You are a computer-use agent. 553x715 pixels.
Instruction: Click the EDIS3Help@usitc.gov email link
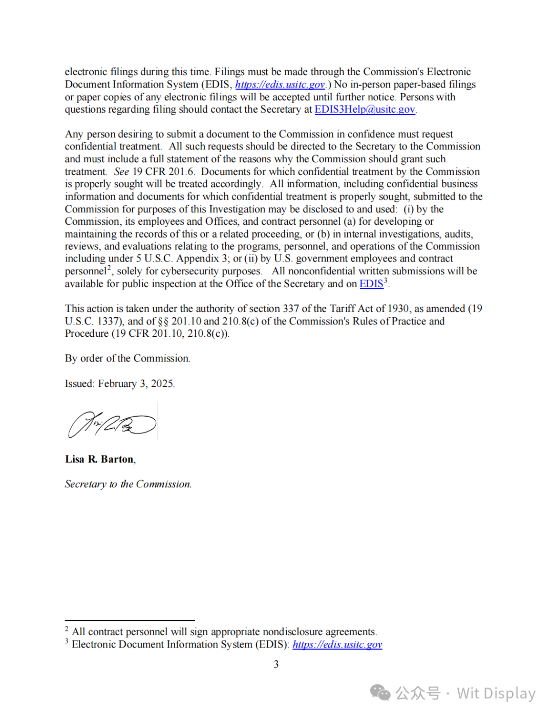(365, 110)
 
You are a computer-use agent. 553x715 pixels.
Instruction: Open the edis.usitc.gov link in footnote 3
(337, 644)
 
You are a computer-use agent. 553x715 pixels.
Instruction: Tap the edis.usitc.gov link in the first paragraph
(280, 84)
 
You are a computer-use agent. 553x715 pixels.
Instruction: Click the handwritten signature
(112, 424)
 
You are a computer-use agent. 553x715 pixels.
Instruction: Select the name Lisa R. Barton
(100, 459)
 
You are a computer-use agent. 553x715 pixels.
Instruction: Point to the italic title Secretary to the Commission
(128, 484)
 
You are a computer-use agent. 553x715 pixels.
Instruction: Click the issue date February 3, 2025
(136, 384)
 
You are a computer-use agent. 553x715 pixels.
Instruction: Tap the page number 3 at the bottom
(276, 664)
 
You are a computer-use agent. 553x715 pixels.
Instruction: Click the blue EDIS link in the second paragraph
(371, 284)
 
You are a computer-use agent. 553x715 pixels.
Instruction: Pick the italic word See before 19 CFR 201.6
(121, 171)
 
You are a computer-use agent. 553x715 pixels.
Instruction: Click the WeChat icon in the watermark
(380, 693)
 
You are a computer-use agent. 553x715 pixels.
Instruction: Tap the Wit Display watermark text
(496, 693)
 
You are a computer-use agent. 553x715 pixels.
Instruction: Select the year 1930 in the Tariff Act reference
(398, 309)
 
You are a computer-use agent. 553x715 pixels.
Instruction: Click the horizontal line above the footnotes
(130, 620)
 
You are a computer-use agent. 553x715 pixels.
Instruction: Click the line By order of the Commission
(127, 358)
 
